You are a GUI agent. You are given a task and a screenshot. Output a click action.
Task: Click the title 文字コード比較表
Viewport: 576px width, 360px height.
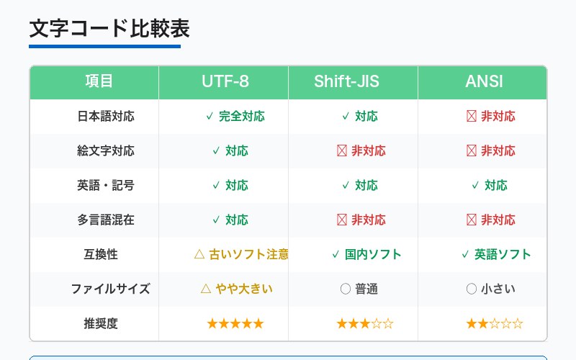[x=109, y=29]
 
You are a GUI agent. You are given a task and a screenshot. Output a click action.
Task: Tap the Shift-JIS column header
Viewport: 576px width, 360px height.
[x=353, y=81]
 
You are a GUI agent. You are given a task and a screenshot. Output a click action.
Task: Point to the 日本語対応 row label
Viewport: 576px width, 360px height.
[x=106, y=116]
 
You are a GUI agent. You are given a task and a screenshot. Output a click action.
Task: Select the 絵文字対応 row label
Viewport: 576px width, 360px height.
[x=106, y=150]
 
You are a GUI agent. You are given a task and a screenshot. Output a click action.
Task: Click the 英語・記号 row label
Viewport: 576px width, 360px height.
[x=106, y=185]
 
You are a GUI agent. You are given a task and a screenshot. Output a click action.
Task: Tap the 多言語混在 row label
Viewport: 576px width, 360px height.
[x=106, y=220]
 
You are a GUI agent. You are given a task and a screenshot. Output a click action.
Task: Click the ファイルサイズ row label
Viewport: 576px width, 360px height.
[x=110, y=289]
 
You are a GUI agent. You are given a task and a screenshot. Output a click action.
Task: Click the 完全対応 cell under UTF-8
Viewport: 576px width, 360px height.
[x=235, y=116]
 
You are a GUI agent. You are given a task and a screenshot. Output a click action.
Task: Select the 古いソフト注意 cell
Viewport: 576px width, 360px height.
[x=242, y=254]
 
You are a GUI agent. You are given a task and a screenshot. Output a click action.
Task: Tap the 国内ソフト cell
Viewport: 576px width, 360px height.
[x=366, y=254]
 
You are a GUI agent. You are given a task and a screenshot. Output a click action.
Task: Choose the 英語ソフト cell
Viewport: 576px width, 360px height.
[x=496, y=254]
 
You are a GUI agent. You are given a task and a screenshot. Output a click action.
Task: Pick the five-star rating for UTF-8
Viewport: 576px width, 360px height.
[x=235, y=323]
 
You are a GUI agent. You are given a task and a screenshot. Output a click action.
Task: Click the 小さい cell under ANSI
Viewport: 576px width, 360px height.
[x=491, y=289]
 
